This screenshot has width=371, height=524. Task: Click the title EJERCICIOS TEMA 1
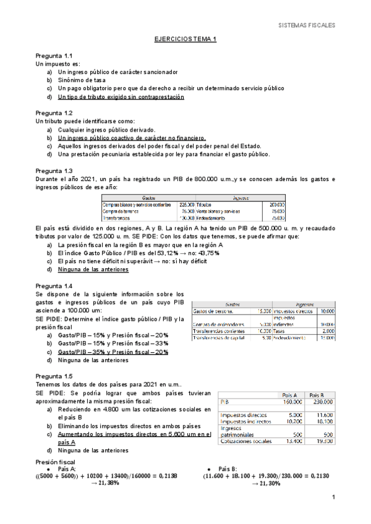tap(185, 39)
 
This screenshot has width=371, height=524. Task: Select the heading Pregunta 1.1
tap(54, 56)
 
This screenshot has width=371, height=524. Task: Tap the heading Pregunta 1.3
tap(54, 171)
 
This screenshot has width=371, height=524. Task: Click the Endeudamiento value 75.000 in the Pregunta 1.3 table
tap(277, 218)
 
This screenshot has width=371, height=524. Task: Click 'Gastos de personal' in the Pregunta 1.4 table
tap(213, 311)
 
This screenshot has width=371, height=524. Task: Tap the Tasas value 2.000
tap(328, 331)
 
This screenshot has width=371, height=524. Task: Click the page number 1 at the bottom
tap(333, 497)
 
